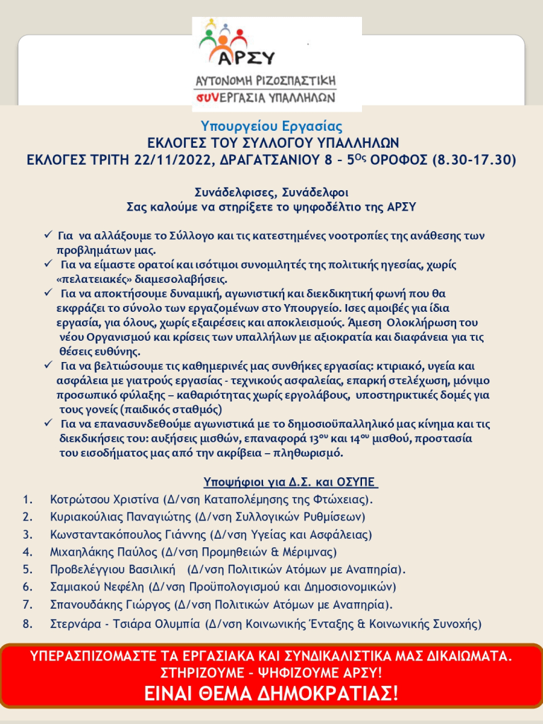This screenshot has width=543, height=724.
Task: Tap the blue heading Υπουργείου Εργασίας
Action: [271, 127]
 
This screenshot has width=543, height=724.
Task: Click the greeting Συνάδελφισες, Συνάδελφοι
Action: [271, 192]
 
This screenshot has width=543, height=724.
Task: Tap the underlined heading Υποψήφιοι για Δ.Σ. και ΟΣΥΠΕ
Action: [291, 483]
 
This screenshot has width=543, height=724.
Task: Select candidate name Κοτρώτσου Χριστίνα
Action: [105, 500]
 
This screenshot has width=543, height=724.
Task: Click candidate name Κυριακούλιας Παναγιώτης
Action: [122, 517]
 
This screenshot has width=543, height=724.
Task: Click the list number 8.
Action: [28, 624]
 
